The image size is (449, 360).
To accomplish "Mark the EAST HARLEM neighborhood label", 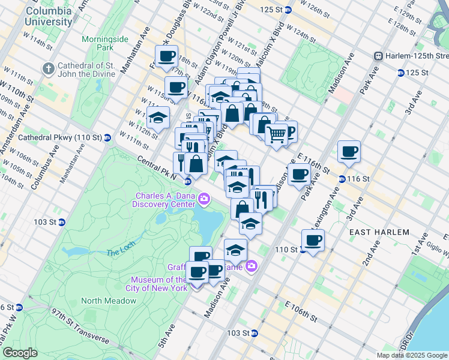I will click(x=379, y=232).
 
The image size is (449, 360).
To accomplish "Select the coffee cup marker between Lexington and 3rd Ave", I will click(x=348, y=151).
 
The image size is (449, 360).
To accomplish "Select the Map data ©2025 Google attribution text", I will click(x=411, y=355).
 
